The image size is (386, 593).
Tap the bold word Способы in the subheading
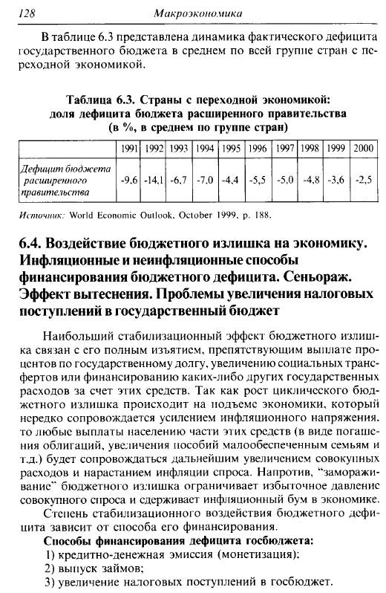(68, 540)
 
